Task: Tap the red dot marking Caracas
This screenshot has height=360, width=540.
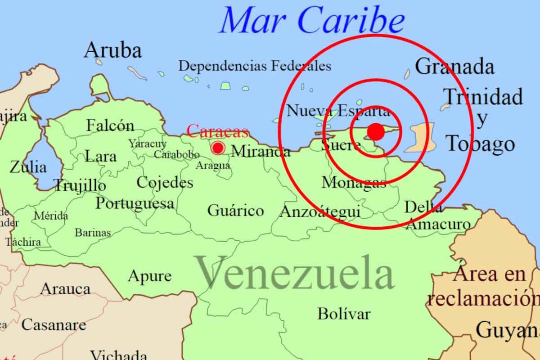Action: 218,148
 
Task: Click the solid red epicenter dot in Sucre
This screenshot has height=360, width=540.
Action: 376,131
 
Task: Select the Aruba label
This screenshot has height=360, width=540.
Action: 112,50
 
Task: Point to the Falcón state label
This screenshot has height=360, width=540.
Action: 110,125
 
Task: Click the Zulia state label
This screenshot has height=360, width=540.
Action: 28,167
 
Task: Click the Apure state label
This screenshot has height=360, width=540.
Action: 149,276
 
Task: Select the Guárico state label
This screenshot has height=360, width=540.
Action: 235,210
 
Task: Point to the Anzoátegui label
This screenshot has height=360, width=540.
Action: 320,211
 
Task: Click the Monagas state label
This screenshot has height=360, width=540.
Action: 354,183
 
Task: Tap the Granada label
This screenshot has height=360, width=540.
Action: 454,67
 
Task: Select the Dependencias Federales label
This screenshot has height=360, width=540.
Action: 255,66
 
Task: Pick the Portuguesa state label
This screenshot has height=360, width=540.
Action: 135,203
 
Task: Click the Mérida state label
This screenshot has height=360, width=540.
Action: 51,216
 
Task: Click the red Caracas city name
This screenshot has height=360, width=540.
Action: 218,131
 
